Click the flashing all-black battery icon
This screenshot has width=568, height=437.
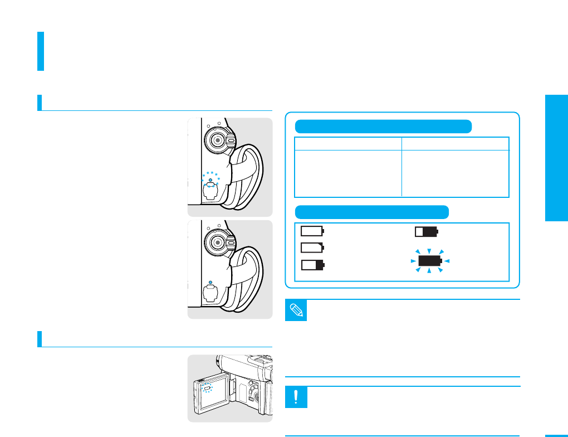[429, 261]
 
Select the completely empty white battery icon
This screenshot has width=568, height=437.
[312, 230]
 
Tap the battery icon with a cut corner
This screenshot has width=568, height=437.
[312, 248]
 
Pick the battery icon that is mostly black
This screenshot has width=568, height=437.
[427, 231]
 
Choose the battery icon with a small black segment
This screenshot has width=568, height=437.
[312, 265]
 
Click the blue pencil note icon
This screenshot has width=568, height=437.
[296, 310]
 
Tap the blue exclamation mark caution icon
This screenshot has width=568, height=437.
[296, 397]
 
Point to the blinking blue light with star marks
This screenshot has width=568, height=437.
[210, 179]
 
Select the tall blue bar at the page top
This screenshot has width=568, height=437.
[41, 51]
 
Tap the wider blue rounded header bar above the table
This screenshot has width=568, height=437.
[383, 126]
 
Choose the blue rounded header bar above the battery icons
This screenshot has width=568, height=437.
[371, 212]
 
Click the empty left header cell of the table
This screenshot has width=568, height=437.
[348, 143]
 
